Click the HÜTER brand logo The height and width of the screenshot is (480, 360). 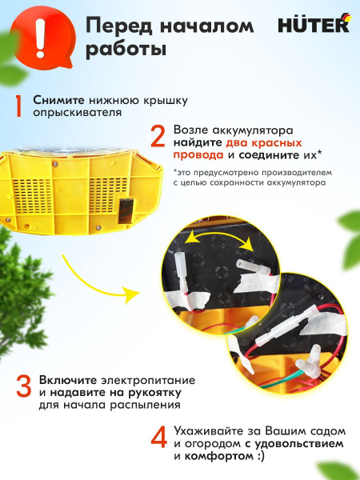(x=314, y=24)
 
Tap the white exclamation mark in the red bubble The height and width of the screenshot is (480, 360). (x=40, y=38)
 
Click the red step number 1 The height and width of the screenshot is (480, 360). (x=18, y=106)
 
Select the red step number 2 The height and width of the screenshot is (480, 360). (x=158, y=136)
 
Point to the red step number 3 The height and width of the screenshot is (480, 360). (x=24, y=386)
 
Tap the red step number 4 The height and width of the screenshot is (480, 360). (x=159, y=437)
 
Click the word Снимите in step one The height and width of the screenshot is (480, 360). (x=58, y=100)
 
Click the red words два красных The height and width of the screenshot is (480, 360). (x=264, y=142)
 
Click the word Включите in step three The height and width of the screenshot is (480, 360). (x=68, y=381)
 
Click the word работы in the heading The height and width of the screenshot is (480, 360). (x=126, y=49)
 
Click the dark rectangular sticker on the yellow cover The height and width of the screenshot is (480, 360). (x=126, y=211)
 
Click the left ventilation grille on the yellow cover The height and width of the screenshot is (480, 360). (x=33, y=195)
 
